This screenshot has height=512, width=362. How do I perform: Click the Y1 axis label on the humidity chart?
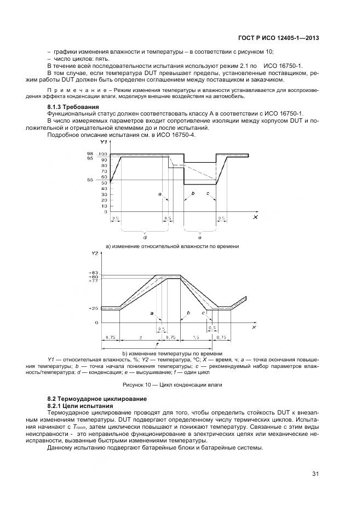(104, 142)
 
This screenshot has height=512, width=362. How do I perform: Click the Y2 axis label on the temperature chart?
(95, 254)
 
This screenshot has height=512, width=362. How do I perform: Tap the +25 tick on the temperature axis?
(93, 309)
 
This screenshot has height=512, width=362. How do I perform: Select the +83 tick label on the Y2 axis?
(93, 272)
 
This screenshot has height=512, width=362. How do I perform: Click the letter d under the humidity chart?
(144, 237)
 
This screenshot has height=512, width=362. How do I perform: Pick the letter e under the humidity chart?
(199, 237)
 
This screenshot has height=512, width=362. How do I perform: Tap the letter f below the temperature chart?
(157, 346)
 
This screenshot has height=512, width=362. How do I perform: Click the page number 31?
(315, 474)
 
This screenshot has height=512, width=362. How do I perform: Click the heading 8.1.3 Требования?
(73, 107)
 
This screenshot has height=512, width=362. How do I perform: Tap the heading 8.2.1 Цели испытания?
(80, 407)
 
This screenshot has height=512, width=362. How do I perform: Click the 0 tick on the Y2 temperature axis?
(96, 323)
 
